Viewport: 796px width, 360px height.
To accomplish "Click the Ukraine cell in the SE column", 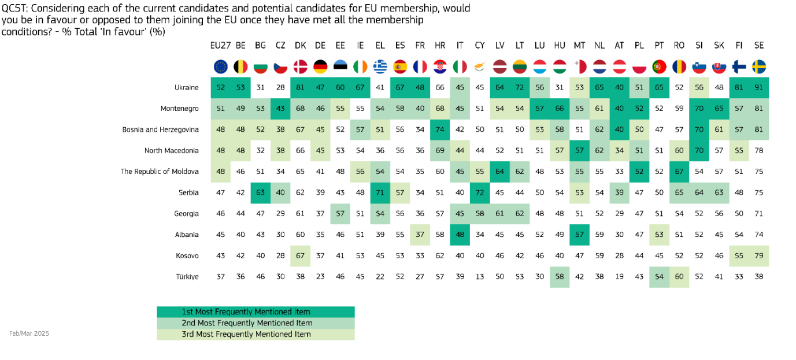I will (759, 88).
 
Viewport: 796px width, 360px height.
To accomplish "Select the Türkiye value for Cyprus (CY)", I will (479, 277).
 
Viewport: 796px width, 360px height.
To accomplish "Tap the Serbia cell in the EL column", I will (380, 193).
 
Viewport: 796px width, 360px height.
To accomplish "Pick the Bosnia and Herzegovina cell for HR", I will (440, 130).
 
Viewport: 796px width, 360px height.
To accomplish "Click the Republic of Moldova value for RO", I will (679, 172).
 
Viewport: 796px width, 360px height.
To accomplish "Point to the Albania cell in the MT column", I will (579, 235).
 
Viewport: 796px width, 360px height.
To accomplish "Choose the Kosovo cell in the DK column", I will (301, 255).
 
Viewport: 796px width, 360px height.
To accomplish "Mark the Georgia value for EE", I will (340, 214).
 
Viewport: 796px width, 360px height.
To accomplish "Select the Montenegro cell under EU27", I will (221, 109).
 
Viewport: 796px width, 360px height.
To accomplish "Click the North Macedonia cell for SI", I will (699, 151).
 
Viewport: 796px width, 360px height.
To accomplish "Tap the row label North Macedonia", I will (171, 151).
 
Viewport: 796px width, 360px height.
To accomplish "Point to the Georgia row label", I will (186, 214).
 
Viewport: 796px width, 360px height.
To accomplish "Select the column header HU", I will (559, 46).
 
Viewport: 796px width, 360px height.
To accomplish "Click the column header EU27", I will (220, 46).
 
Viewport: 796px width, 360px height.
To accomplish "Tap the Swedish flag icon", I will (759, 66).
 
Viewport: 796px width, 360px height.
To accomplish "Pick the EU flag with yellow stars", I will (221, 66).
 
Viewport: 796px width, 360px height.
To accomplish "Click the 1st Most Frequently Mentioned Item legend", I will (256, 312).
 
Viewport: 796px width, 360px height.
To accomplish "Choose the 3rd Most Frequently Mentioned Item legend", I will (256, 334).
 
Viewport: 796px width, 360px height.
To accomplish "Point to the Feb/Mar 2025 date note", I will (29, 333).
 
